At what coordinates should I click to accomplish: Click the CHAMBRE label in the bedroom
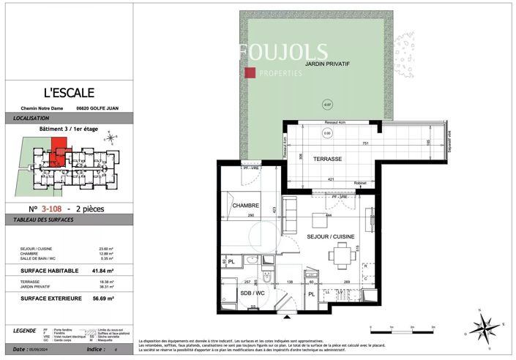(x=246, y=206)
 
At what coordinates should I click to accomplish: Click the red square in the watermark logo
(x=250, y=72)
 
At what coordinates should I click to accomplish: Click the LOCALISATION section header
(x=31, y=118)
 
